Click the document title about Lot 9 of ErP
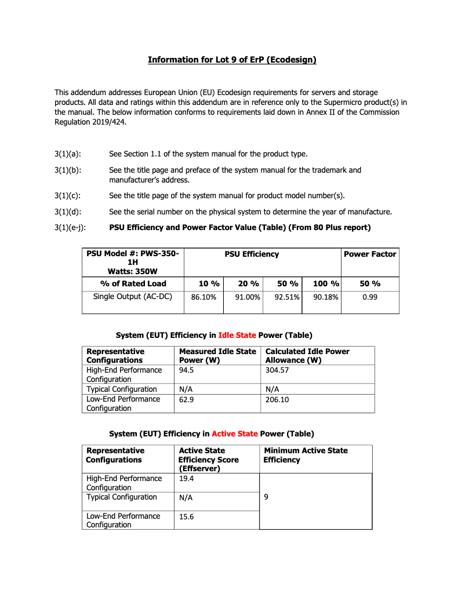[x=232, y=60]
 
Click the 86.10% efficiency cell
[x=204, y=297]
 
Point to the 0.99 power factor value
[x=370, y=297]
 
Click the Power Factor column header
[x=370, y=254]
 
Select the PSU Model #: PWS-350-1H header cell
[x=133, y=262]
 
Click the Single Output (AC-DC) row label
[x=133, y=296]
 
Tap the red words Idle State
[x=237, y=335]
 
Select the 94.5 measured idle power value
[x=186, y=370]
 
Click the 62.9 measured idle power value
[x=186, y=399]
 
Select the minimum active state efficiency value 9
[x=266, y=497]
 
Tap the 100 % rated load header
[x=326, y=283]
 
